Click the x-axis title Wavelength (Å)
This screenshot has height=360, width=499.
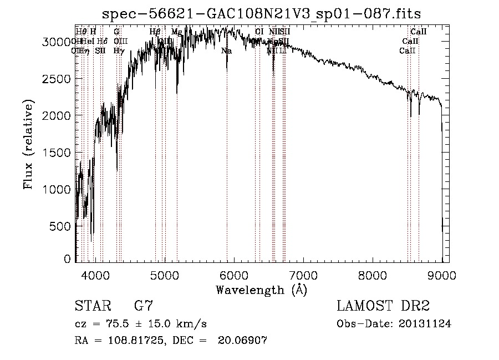[x=261, y=290]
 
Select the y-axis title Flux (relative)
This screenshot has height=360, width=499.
[x=28, y=144]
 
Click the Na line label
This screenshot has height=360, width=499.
[x=226, y=51]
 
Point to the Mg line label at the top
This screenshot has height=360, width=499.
[x=176, y=32]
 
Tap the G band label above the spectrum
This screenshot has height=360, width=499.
[x=116, y=32]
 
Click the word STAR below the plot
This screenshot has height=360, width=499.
[x=93, y=306]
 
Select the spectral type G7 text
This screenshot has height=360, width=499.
[x=144, y=306]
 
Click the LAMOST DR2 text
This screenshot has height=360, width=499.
[x=383, y=306]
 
